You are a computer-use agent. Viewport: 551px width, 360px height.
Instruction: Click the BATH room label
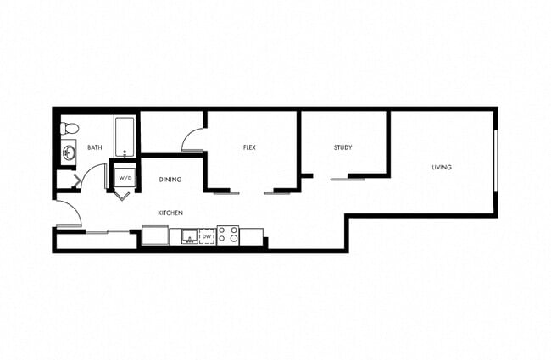94,148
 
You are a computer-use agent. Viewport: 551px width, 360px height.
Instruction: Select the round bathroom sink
67,153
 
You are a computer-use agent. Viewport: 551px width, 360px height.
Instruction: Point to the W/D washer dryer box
125,179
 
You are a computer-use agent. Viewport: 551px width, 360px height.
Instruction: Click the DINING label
171,180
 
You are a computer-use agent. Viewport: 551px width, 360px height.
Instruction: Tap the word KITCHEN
170,213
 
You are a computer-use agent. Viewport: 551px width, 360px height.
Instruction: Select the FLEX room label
249,148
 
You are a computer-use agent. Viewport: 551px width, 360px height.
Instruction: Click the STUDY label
342,148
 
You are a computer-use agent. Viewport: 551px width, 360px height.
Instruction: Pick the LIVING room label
441,168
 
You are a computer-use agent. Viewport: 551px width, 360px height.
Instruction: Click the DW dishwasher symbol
207,235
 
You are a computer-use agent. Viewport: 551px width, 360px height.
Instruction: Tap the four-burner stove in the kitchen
227,235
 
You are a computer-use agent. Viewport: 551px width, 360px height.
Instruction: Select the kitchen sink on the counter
184,235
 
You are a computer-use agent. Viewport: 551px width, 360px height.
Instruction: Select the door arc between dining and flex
193,138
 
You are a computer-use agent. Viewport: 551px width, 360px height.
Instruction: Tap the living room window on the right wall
495,161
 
